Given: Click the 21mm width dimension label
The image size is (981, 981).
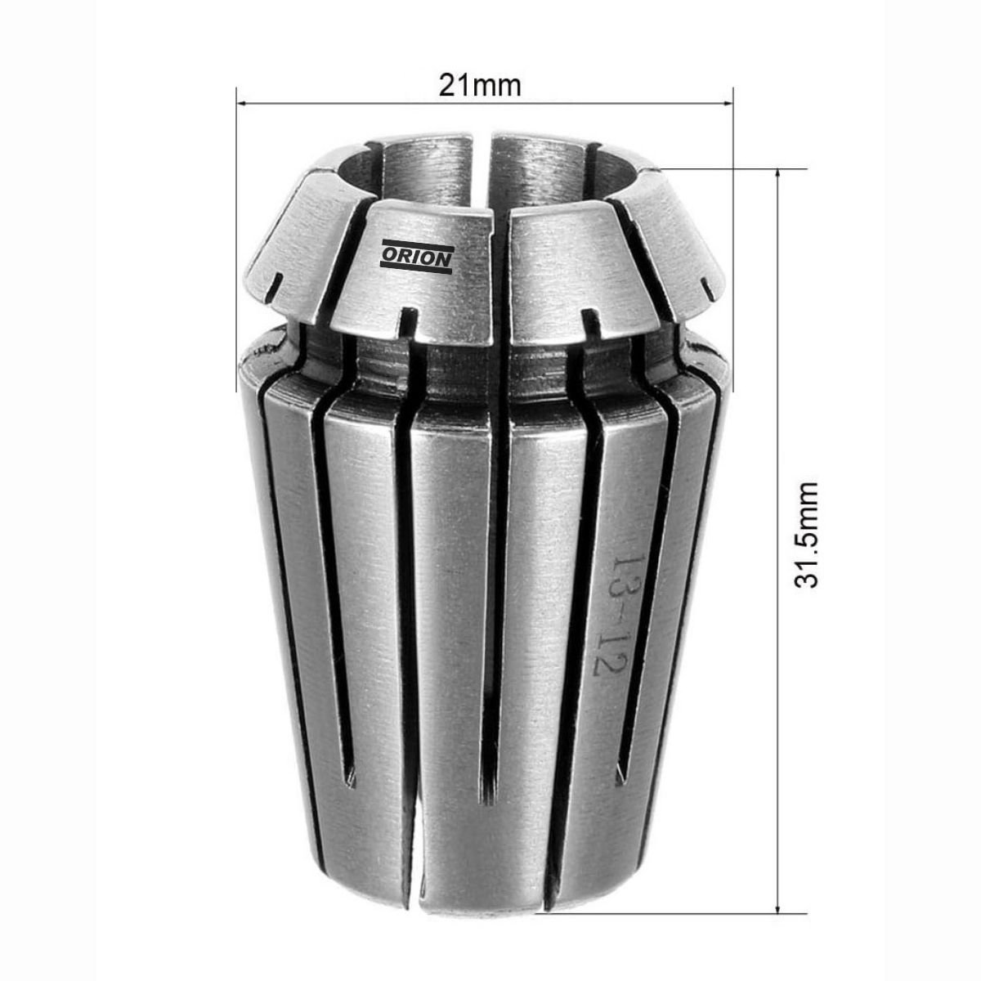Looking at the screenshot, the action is coord(480,86).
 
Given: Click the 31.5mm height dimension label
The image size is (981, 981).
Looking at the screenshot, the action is coord(806,534).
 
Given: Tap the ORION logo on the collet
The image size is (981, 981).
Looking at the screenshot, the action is coord(416,257).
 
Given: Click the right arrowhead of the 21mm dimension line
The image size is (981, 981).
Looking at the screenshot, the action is coord(727,105).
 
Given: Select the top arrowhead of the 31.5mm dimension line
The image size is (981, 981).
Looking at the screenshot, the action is coord(777,175).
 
